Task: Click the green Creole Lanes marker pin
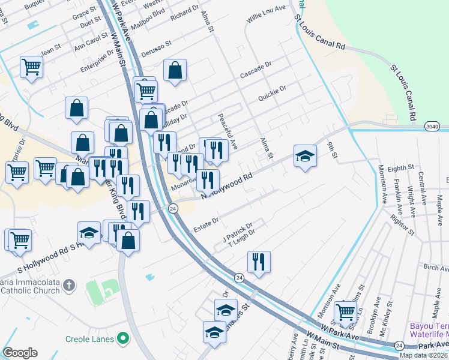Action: [124, 339]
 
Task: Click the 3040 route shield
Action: [431, 126]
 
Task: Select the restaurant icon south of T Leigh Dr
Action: [259, 262]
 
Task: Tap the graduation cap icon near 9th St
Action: [305, 156]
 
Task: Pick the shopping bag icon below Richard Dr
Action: [175, 70]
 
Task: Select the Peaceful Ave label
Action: [228, 132]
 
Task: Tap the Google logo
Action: [20, 353]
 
